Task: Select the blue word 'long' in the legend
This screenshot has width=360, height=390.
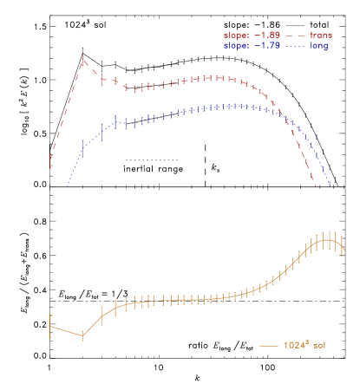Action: [319, 46]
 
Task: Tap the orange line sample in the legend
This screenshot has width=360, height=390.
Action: [268, 345]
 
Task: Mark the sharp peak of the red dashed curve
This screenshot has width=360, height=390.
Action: [82, 61]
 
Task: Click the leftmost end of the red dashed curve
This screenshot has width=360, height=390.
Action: [50, 162]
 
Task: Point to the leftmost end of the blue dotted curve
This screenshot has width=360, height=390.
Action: [68, 184]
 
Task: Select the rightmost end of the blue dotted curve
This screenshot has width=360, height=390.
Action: [331, 185]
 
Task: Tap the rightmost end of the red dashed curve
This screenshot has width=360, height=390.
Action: [315, 184]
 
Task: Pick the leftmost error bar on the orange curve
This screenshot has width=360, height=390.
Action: [50, 325]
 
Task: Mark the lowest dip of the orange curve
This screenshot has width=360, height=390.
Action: [82, 335]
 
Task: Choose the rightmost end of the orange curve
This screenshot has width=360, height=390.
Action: [344, 250]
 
